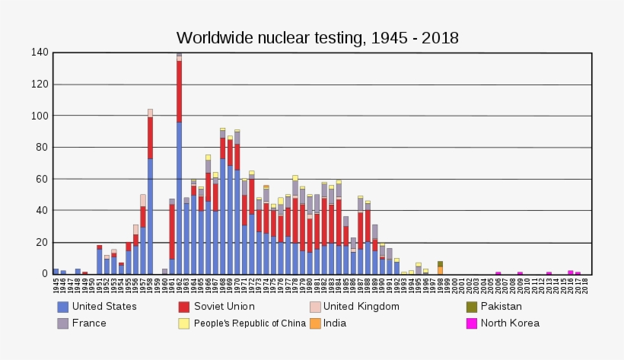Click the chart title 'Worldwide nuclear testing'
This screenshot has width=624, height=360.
coord(317,37)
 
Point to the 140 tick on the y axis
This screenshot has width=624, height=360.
coord(40,53)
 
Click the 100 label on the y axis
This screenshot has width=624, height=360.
coord(40,116)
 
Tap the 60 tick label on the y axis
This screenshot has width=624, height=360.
coord(43,179)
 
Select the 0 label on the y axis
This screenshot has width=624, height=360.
coord(46,273)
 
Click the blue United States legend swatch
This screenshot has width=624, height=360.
coord(63,307)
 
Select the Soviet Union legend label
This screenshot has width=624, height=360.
coord(224,307)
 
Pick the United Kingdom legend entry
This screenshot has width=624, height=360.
coord(361,307)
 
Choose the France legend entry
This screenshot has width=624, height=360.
coord(89,323)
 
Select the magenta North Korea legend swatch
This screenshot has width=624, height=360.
coord(473,323)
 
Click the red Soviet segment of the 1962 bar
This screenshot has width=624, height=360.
coord(180,91)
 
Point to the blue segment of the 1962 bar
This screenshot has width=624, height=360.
coord(180,197)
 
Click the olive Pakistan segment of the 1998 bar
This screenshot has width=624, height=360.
coord(440,263)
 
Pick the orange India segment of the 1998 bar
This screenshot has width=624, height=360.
coord(440,270)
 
